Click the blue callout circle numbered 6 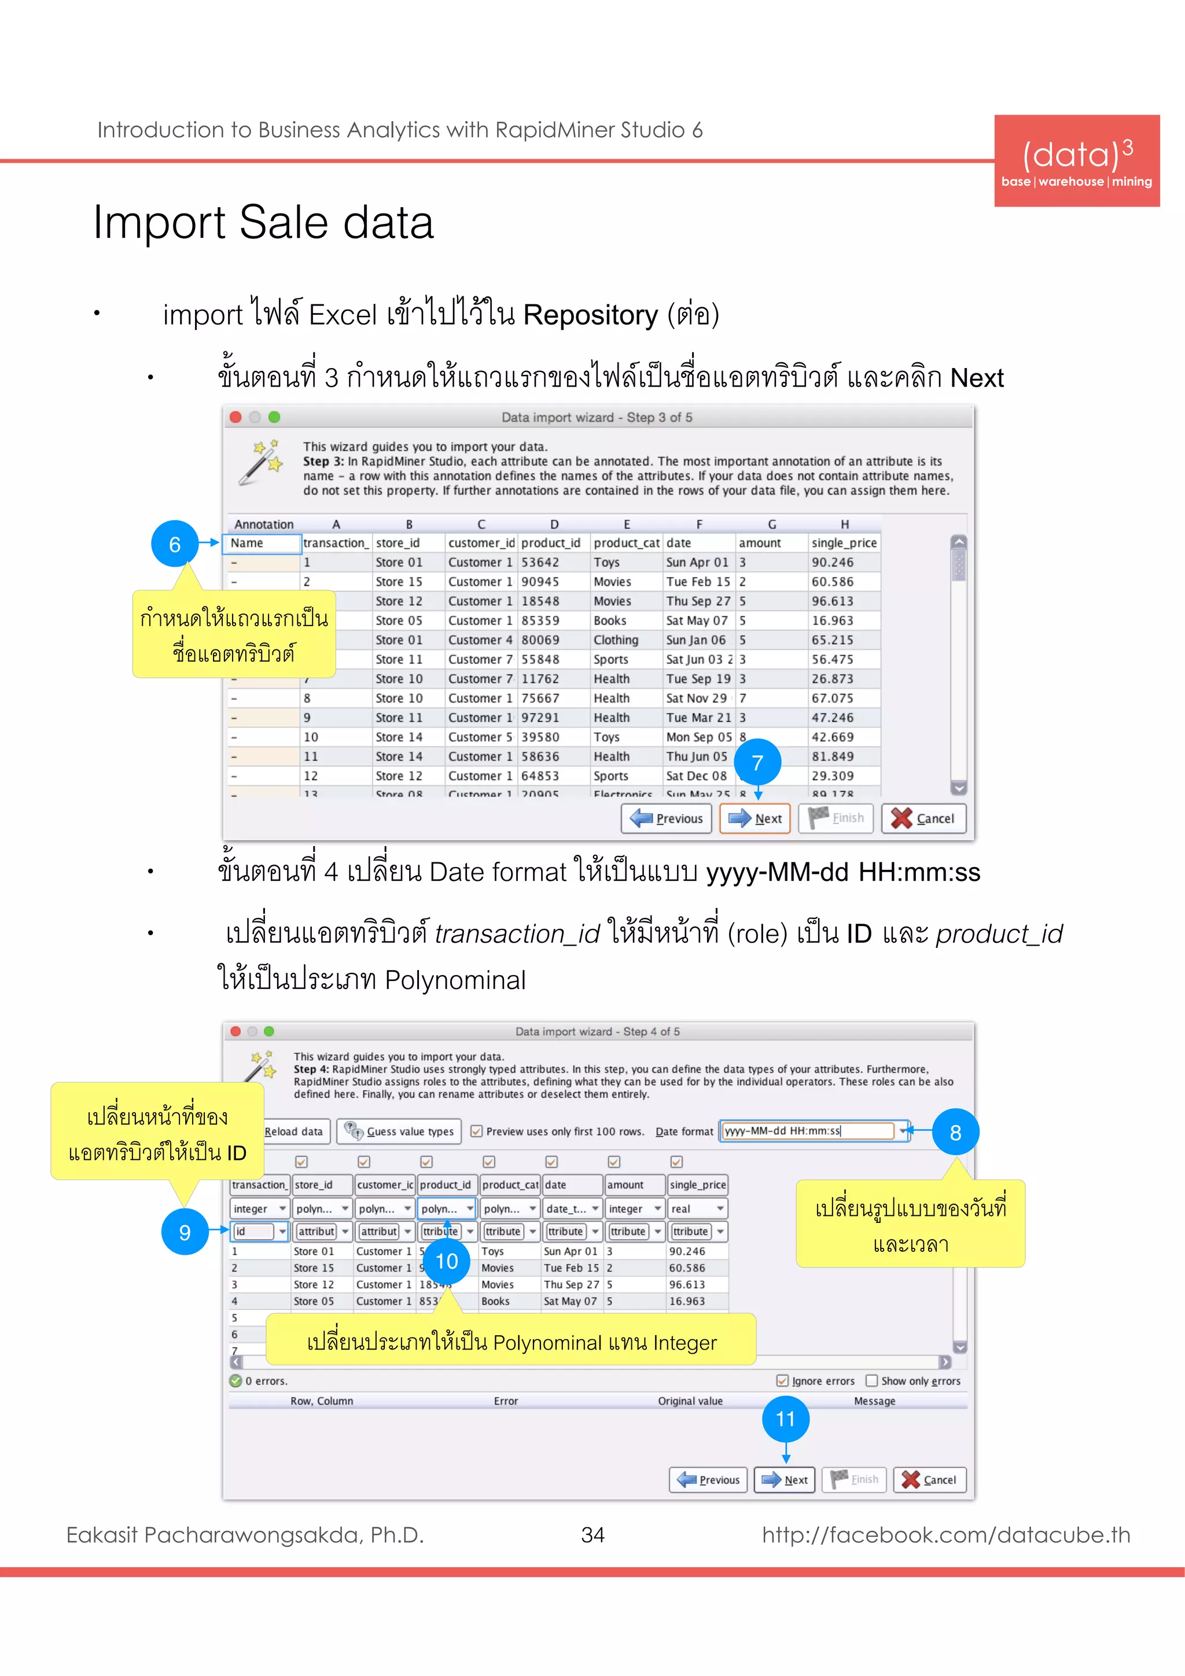[x=174, y=544]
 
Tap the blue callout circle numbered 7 [x=757, y=763]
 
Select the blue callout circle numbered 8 [x=955, y=1132]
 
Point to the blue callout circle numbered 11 [x=785, y=1419]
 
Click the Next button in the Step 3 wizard [x=755, y=818]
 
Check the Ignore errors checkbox [x=782, y=1380]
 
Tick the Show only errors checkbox [x=871, y=1380]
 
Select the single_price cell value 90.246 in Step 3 [x=833, y=562]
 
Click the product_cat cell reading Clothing [x=616, y=640]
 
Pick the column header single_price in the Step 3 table [x=844, y=543]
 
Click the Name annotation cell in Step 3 [x=261, y=543]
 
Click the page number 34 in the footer [x=592, y=1535]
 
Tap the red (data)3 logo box [x=1076, y=160]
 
